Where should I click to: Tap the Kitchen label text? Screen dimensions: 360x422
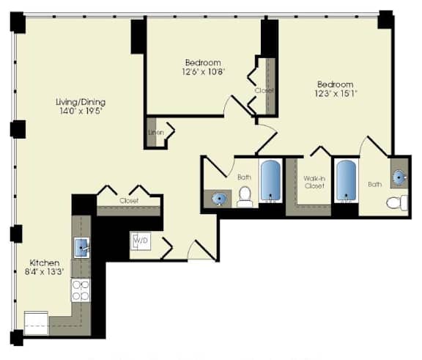[43, 262]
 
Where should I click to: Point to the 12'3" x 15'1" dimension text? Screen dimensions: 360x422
[335, 95]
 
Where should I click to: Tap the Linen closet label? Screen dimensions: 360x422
[155, 133]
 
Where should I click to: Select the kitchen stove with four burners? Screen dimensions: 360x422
[80, 290]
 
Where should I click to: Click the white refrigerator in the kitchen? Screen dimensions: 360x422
[36, 323]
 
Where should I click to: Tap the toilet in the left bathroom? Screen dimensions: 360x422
[245, 196]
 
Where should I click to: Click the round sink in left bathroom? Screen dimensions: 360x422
[219, 198]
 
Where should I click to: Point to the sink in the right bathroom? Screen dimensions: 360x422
[399, 177]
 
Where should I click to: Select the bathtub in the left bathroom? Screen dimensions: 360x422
[271, 181]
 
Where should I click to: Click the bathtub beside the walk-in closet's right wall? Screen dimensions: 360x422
[346, 181]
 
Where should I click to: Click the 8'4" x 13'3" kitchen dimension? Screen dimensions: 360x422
[43, 273]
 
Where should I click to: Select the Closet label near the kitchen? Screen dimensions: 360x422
[128, 199]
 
